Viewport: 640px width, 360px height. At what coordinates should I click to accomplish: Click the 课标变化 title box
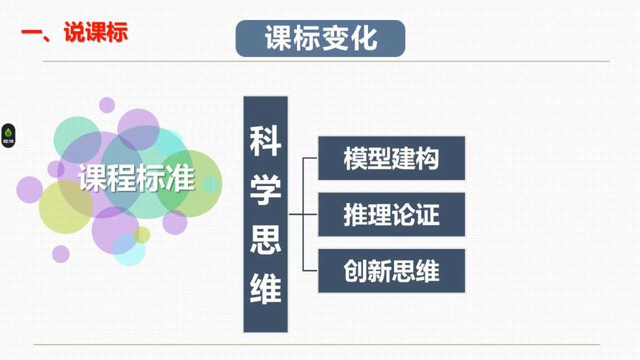320,39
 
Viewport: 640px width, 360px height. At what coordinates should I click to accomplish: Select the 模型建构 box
391,159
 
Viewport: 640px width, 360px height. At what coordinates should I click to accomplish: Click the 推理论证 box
391,215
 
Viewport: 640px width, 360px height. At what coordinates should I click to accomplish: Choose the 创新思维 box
391,270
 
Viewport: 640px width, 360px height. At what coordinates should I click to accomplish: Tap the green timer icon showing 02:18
8,135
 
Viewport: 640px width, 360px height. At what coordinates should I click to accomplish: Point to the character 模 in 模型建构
356,159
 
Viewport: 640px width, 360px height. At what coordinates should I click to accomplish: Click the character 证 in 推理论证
427,215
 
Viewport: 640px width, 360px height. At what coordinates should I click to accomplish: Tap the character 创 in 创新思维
356,270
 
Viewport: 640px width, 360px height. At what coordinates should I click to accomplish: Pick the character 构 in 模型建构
427,159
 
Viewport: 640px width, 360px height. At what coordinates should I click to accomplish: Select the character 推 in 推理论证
356,215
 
